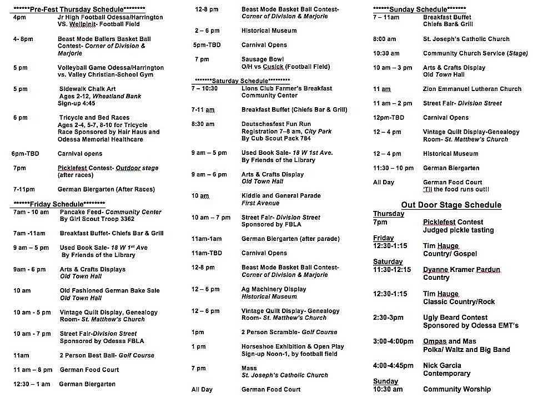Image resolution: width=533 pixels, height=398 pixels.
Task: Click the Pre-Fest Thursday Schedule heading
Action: tap(78, 9)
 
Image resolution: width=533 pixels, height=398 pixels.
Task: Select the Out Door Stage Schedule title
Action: tap(451, 205)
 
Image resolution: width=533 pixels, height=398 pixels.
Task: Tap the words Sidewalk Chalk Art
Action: tap(88, 89)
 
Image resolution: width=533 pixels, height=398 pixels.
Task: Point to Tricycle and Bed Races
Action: tap(94, 118)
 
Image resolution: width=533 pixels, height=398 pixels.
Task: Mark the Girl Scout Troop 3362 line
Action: tap(97, 219)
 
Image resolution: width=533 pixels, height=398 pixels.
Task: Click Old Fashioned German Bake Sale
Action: tap(109, 291)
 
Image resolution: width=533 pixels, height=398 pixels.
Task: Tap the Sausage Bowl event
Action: tap(263, 59)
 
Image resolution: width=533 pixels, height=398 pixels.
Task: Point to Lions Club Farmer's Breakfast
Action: tap(286, 88)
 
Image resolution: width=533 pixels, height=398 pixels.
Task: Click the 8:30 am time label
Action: tap(203, 124)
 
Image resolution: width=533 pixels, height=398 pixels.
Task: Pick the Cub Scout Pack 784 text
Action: tap(276, 139)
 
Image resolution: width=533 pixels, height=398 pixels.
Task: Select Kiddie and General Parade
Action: tap(281, 196)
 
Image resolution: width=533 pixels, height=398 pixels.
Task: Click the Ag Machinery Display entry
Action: tap(274, 289)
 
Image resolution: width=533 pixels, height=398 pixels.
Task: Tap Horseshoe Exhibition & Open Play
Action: tap(293, 346)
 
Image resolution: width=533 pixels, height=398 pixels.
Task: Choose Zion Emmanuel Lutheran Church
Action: tap(472, 89)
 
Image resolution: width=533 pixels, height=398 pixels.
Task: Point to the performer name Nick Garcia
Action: tap(443, 366)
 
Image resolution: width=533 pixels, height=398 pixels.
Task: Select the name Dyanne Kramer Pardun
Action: tap(461, 270)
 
